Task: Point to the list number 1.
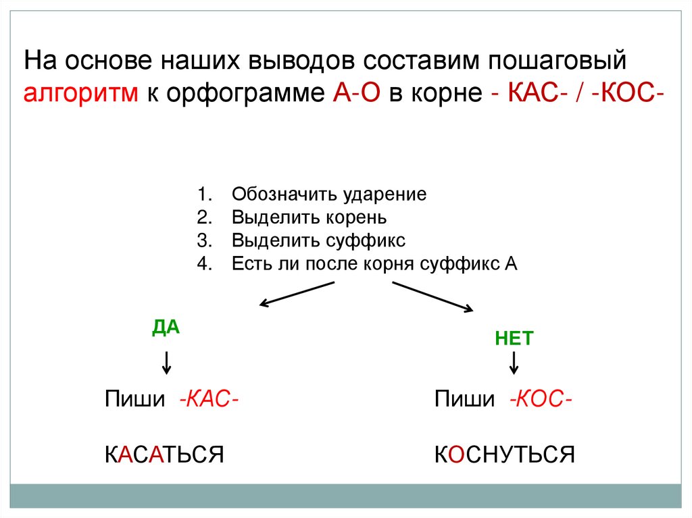pos(204,195)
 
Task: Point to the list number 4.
pos(204,263)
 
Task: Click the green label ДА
pos(166,327)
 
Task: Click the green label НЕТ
pos(514,338)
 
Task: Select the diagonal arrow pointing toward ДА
pos(297,294)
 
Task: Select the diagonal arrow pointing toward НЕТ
pos(432,296)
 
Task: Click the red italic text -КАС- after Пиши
pos(207,398)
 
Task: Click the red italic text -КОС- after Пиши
pos(541,398)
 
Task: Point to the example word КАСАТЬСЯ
pos(164,453)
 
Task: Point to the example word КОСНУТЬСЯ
pos(504,453)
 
